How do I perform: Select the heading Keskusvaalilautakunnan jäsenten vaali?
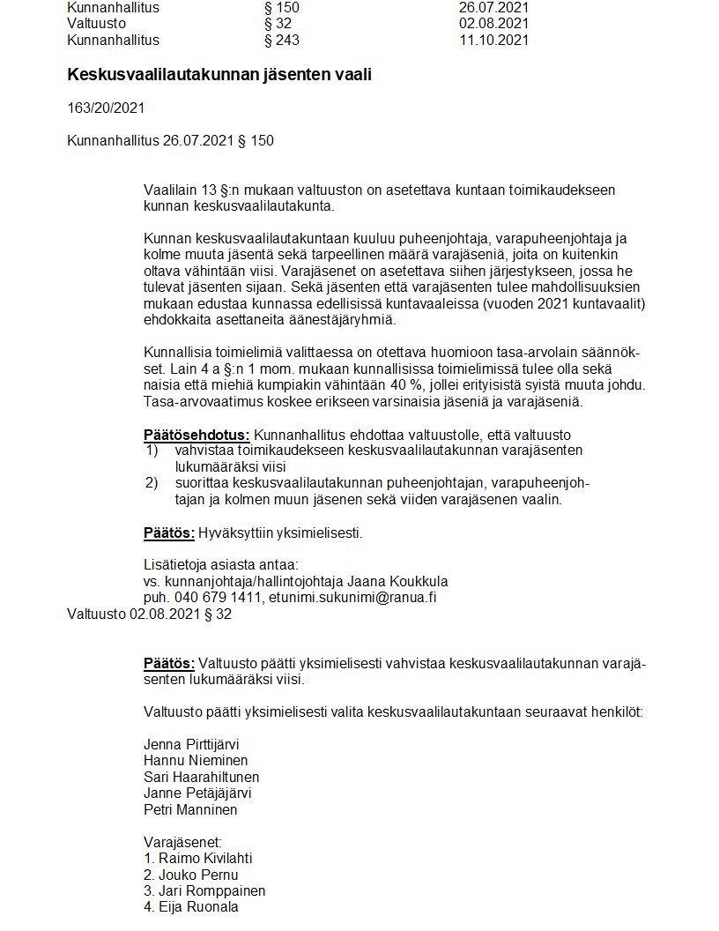pos(219,75)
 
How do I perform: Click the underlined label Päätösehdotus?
pos(196,435)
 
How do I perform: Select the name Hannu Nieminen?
pos(196,760)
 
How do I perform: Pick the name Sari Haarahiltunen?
pos(201,777)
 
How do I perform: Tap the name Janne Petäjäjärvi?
pos(197,793)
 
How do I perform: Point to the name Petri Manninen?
pos(190,810)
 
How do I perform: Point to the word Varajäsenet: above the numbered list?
pos(182,841)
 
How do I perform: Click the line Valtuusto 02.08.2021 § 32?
pos(149,614)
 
